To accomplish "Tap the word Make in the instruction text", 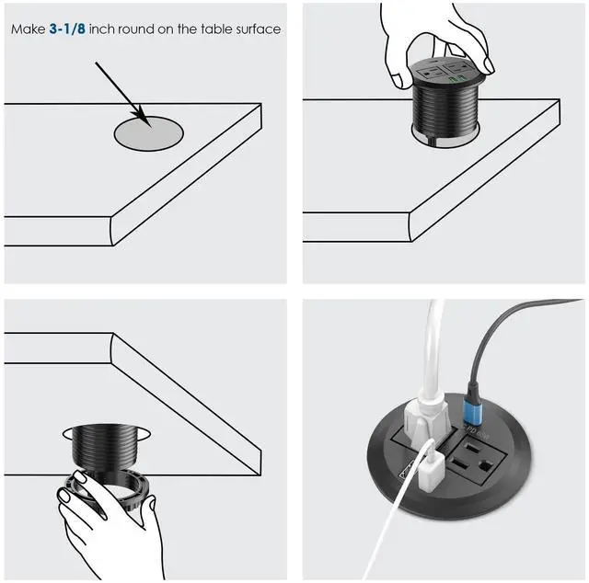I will [x=29, y=29].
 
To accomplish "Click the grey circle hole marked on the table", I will [x=148, y=133].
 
